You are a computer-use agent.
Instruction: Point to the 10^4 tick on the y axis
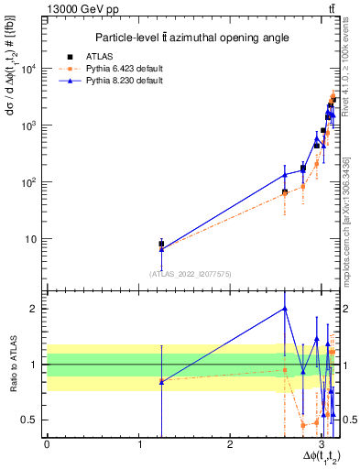pos(30,69)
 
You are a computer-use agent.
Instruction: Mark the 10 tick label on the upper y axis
pos(34,239)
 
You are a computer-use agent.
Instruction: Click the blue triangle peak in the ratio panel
pos(285,308)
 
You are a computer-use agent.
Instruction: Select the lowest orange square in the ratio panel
pos(303,425)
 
